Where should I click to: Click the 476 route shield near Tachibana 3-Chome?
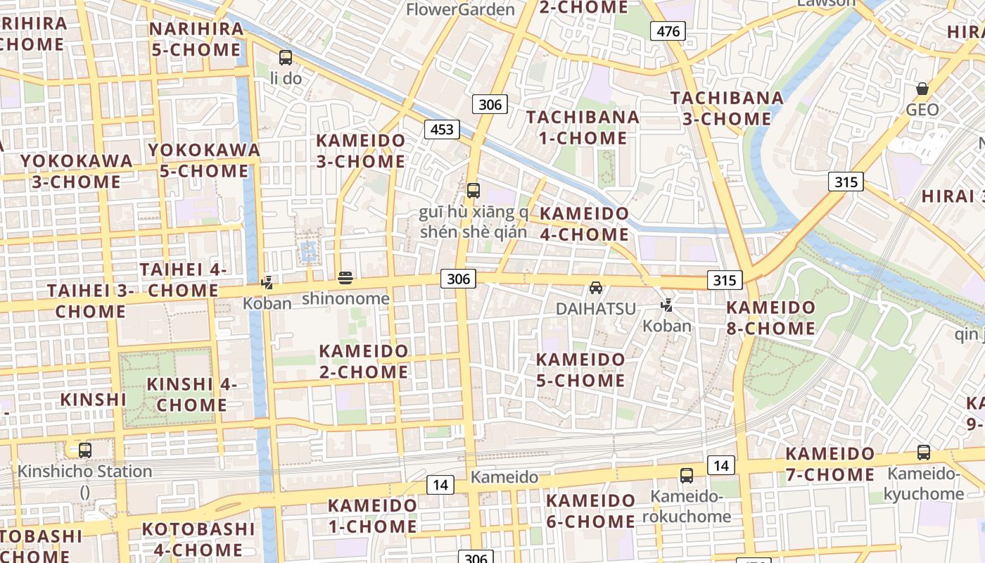668,31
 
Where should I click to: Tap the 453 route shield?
441,129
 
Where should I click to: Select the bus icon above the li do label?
285,58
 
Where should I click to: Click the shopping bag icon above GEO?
922,89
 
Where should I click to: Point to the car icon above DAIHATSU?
595,288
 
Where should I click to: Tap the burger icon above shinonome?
345,277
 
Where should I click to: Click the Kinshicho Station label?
84,472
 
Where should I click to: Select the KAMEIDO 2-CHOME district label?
364,361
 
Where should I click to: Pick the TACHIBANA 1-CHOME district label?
583,127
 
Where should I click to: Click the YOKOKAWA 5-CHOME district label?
204,160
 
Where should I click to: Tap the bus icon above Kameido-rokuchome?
686,476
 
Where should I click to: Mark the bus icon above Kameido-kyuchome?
923,453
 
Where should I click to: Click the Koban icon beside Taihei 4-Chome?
267,283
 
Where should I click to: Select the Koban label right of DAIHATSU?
667,326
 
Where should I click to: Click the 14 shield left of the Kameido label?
440,484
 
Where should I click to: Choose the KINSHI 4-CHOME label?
191,395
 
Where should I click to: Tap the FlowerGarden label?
460,9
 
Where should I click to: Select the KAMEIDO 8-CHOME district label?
770,318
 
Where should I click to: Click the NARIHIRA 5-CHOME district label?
196,39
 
